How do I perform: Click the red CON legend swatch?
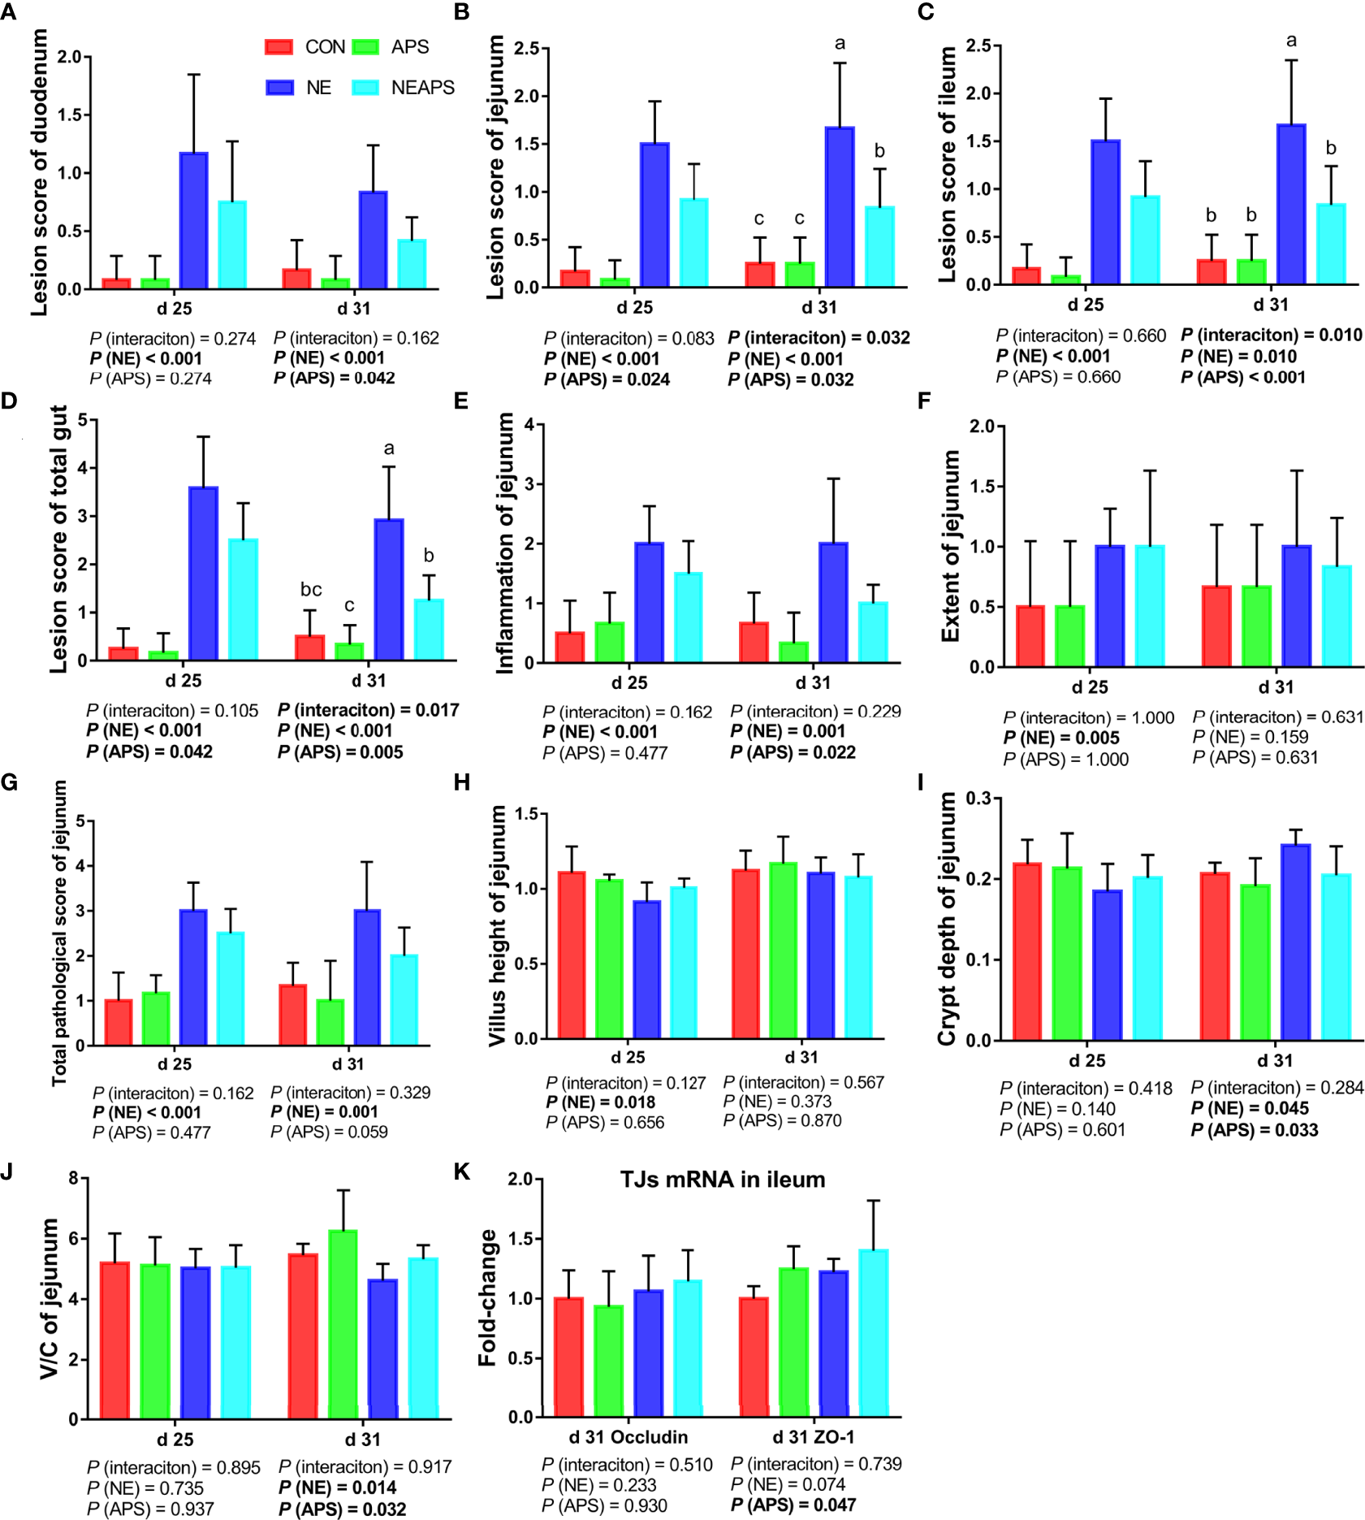click(x=279, y=47)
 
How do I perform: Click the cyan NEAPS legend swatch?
click(x=365, y=88)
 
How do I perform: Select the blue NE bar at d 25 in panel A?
click(x=193, y=220)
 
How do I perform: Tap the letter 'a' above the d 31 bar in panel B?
click(x=840, y=43)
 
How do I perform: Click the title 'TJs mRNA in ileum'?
click(x=722, y=1180)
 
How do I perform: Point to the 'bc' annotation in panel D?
click(x=311, y=590)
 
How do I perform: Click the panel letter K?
click(x=461, y=1171)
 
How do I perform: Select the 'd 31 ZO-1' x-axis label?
click(x=813, y=1437)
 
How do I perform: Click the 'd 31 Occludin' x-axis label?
click(x=628, y=1437)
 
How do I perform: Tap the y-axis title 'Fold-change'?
click(x=487, y=1297)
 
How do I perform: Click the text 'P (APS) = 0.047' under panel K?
click(x=793, y=1505)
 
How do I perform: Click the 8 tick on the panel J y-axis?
click(x=74, y=1178)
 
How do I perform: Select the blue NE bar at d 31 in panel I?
click(x=1295, y=942)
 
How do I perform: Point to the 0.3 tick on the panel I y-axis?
click(x=978, y=798)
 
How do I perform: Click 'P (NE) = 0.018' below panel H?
click(x=600, y=1102)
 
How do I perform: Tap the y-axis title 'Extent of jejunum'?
click(x=951, y=546)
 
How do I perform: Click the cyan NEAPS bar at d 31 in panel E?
click(x=873, y=632)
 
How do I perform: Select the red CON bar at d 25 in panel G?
click(x=119, y=1022)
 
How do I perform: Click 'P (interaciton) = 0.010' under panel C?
click(x=1271, y=336)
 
